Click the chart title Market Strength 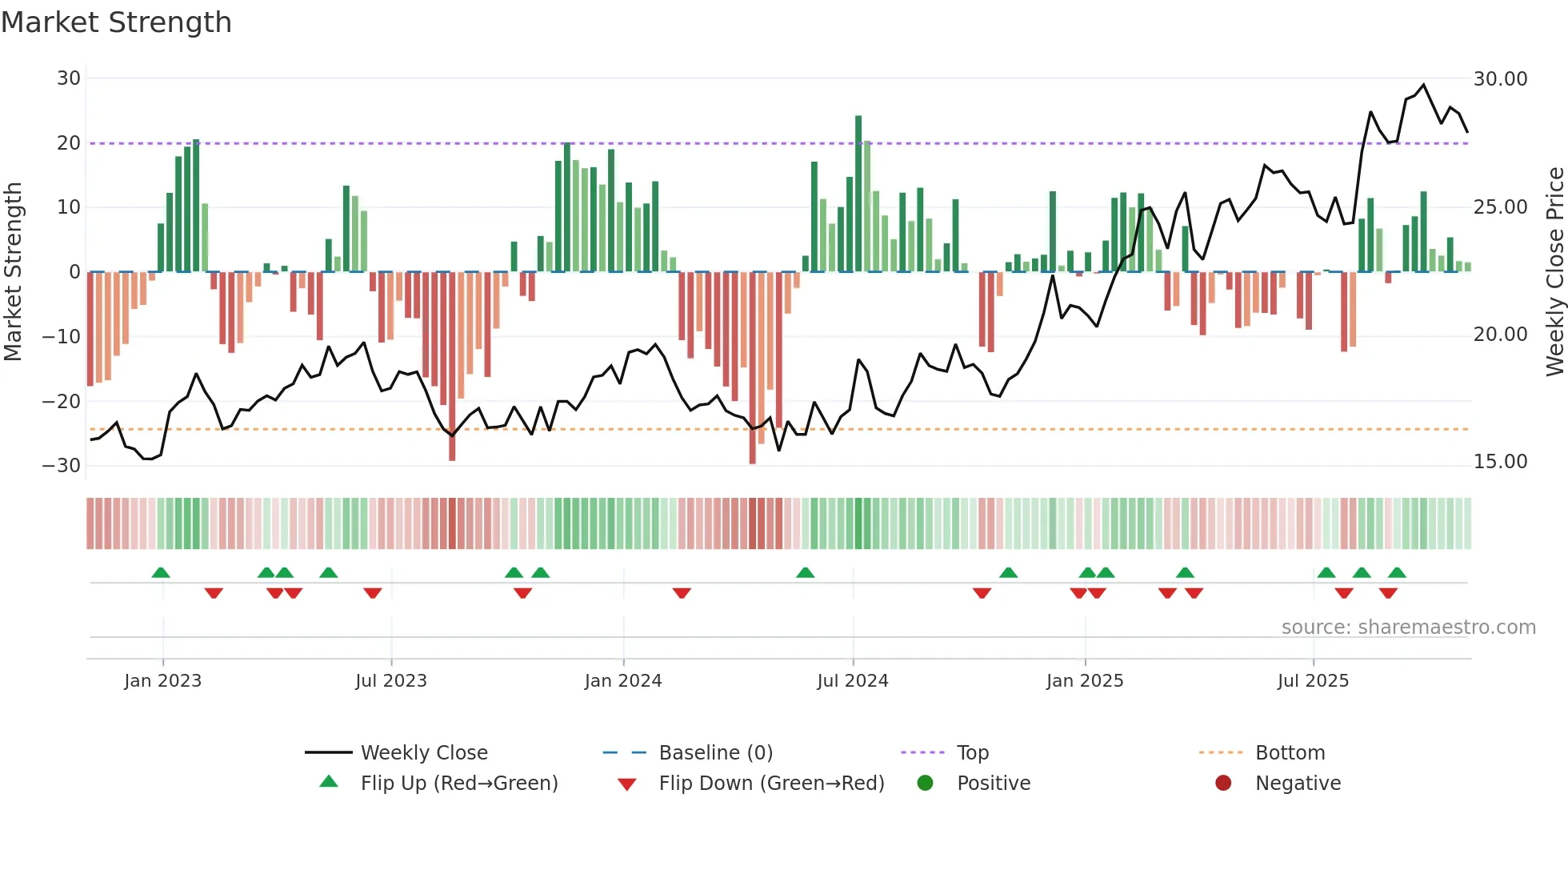116,22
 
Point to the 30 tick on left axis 69,78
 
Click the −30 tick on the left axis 62,466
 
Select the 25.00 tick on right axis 1500,207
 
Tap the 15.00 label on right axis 1500,462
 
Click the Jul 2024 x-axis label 852,681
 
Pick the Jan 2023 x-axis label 162,681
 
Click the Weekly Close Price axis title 1554,272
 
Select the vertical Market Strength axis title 13,272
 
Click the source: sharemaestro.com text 1408,627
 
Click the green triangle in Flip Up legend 329,782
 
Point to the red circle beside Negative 1223,783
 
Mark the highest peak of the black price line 1423,85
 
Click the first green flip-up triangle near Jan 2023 161,573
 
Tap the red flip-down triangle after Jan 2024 682,593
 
